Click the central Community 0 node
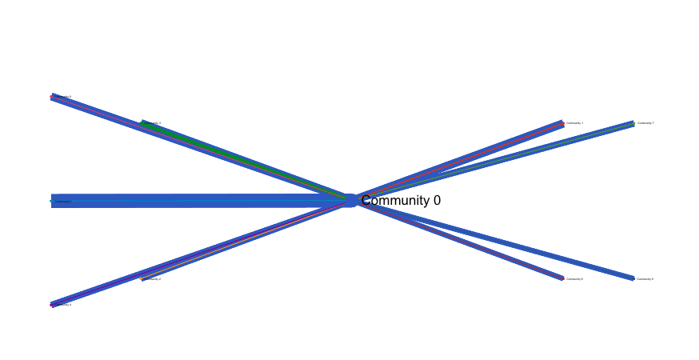tap(349, 200)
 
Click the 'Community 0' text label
tap(401, 201)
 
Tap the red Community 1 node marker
tap(563, 123)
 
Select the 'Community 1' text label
tap(575, 123)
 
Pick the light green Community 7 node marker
tap(633, 123)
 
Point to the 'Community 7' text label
tap(645, 123)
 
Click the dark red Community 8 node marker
tap(562, 278)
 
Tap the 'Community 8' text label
tap(575, 279)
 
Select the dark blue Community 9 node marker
tap(633, 278)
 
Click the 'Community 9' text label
tap(645, 279)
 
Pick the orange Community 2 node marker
tap(142, 278)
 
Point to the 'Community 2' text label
tap(153, 279)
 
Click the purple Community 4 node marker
tap(52, 304)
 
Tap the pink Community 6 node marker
tap(52, 97)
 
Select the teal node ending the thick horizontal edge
tap(51, 201)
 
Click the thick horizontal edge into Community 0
tap(200, 201)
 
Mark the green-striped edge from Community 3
tap(240, 159)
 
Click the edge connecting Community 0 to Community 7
tap(496, 160)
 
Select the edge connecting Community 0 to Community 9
tap(496, 240)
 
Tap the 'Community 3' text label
tap(153, 123)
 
